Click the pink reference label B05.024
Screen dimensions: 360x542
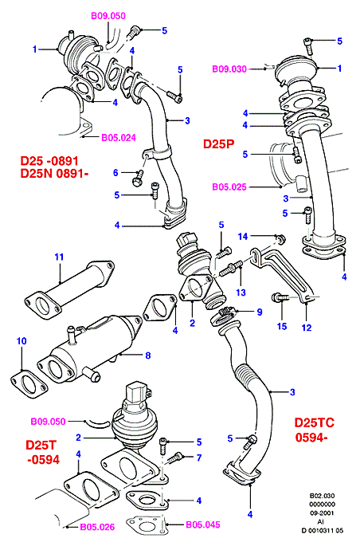(x=119, y=138)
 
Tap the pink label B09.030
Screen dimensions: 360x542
(x=229, y=69)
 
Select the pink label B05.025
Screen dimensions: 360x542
(x=229, y=187)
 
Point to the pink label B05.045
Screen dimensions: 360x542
(x=203, y=524)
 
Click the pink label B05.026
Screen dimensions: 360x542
(x=97, y=527)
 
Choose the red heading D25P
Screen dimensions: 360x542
(x=219, y=143)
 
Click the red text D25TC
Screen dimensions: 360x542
(x=314, y=422)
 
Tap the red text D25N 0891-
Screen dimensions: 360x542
(x=55, y=173)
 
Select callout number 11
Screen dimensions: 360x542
(x=59, y=257)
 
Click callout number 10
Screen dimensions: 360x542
(x=22, y=341)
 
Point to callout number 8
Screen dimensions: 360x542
(x=148, y=355)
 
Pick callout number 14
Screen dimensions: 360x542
(x=243, y=237)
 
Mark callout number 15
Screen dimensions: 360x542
(x=282, y=326)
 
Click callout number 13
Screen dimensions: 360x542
(x=241, y=293)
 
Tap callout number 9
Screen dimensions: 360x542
(x=260, y=312)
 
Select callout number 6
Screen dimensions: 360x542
(x=115, y=173)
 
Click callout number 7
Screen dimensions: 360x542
(x=199, y=458)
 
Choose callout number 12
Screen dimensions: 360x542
(x=307, y=328)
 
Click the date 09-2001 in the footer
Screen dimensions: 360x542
(x=323, y=513)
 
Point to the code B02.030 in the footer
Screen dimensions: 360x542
(x=323, y=496)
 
